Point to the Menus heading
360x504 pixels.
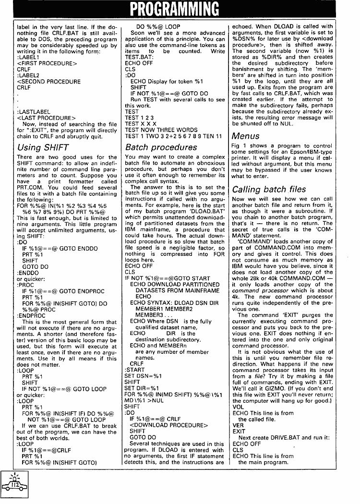point(246,136)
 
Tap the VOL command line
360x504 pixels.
point(238,407)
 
